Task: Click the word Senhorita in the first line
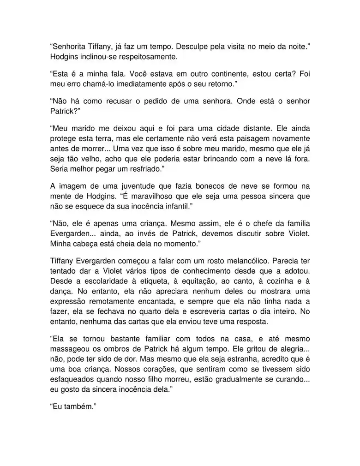click(x=69, y=47)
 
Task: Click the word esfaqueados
click(x=73, y=381)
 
